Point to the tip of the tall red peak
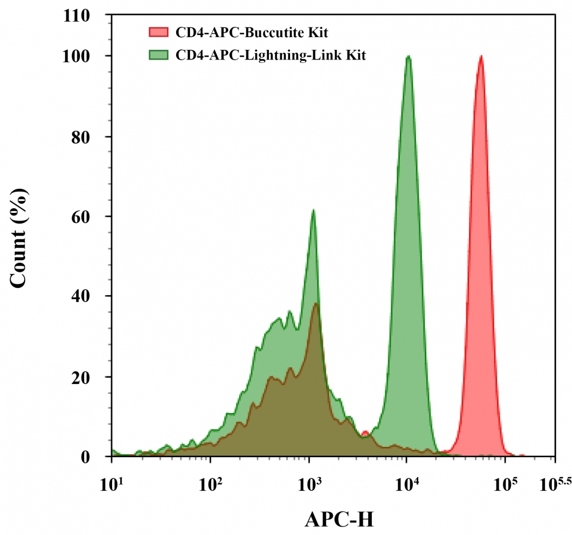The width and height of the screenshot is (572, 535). tap(481, 56)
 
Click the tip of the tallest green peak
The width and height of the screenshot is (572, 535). tap(408, 56)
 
